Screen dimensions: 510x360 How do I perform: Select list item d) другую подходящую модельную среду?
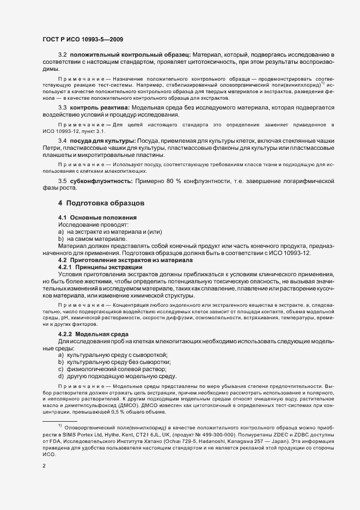pyautogui.click(x=118, y=377)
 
